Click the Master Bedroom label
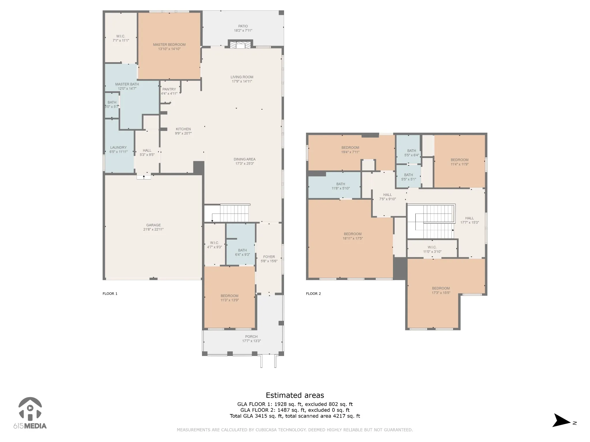pyautogui.click(x=169, y=45)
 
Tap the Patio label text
pyautogui.click(x=243, y=26)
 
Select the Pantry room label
pyautogui.click(x=169, y=89)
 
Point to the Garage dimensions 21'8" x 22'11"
pyautogui.click(x=153, y=230)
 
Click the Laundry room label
pyautogui.click(x=118, y=148)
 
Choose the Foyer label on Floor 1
pyautogui.click(x=269, y=257)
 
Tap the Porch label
pyautogui.click(x=251, y=337)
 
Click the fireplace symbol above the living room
pyautogui.click(x=240, y=45)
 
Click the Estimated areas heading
pyautogui.click(x=295, y=395)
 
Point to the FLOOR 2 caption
pyautogui.click(x=313, y=294)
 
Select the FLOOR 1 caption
pyautogui.click(x=110, y=294)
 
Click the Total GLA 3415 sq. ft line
pyautogui.click(x=295, y=416)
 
